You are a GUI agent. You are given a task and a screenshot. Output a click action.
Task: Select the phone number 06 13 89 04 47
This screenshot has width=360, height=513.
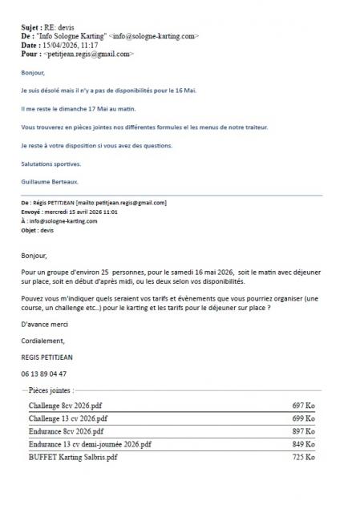pyautogui.click(x=44, y=373)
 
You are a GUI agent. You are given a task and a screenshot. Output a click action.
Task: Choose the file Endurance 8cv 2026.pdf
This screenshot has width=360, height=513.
pyautogui.click(x=68, y=431)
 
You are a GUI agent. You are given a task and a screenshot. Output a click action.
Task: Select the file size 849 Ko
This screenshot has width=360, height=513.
pyautogui.click(x=304, y=444)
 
